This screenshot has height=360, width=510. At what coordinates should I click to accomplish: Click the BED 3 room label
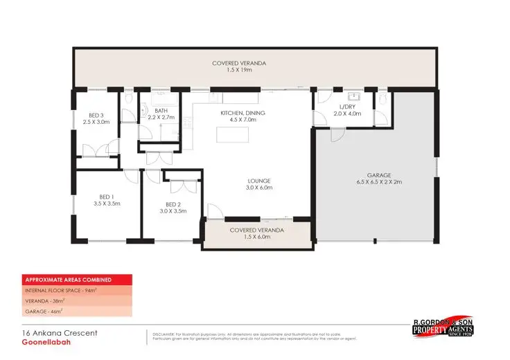[96, 115]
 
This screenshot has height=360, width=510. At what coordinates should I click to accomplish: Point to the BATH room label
[161, 111]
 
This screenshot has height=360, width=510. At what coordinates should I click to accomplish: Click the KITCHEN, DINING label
[243, 113]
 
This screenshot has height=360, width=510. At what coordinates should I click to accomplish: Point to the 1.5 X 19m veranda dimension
[239, 71]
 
